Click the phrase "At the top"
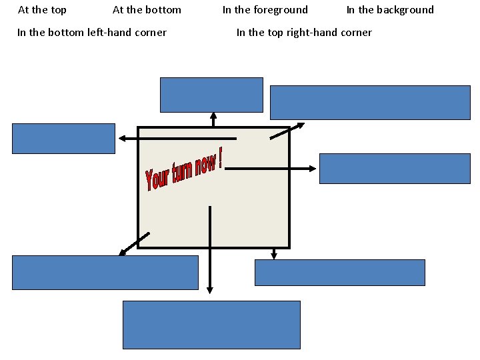pos(42,10)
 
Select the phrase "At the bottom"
pos(147,10)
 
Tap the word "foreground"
pos(280,10)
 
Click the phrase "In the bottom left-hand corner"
pos(92,33)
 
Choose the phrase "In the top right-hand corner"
pos(304,33)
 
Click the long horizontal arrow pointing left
pos(177,139)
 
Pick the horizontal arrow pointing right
pos(271,169)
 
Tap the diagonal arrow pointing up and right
pos(287,131)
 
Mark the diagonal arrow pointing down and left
pos(134,244)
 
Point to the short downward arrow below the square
pos(273,253)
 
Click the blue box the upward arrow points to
pos(211,95)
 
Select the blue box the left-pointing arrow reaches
pos(63,139)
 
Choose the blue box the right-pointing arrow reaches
pos(395,169)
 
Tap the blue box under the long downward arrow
pos(211,325)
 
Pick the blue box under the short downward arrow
pos(339,273)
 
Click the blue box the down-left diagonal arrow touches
pos(105,273)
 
